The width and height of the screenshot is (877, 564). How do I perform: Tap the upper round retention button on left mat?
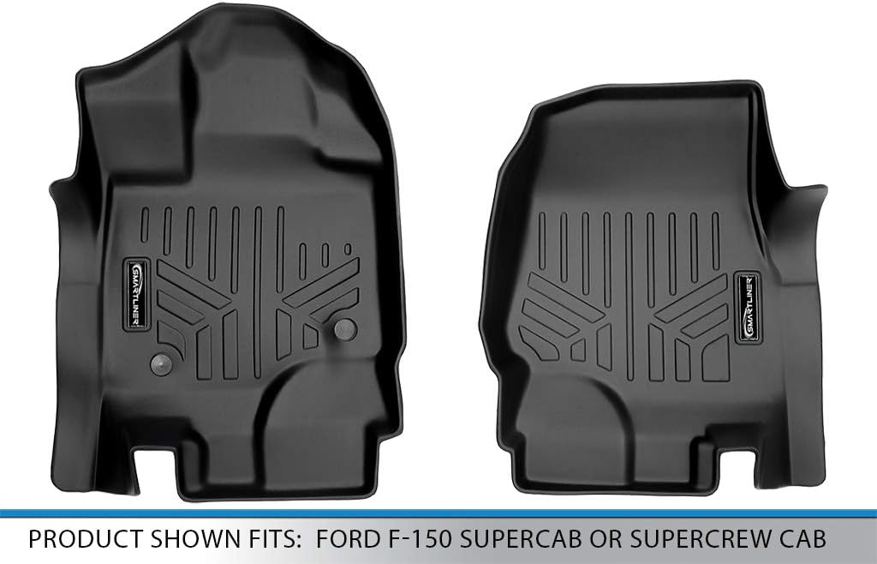(346, 327)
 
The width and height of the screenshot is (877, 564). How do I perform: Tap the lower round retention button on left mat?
(158, 362)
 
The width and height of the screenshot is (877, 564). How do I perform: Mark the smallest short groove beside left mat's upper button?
(347, 250)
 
